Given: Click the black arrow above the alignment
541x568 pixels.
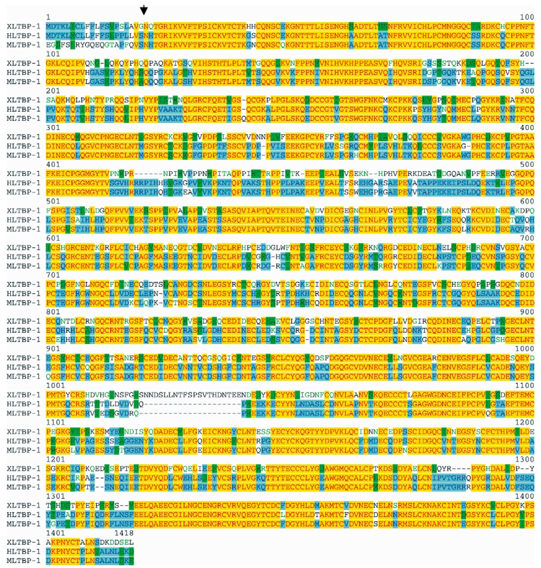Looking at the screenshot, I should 144,9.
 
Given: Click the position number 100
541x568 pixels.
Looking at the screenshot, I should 527,17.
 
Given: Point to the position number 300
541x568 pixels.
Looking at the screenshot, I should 527,91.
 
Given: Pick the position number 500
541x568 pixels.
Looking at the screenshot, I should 527,164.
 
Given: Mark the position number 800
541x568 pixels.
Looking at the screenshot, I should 527,275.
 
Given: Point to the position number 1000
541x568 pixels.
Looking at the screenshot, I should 525,349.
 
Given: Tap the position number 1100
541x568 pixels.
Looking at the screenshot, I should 525,386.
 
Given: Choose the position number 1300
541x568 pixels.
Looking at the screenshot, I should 525,459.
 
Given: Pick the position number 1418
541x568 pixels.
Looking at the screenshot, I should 124,533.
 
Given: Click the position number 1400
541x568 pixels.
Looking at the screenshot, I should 525,496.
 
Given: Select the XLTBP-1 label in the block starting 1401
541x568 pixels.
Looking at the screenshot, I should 24,542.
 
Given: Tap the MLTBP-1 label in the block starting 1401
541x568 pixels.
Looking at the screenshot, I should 24,561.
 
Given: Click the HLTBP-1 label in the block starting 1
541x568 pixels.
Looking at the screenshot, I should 24,36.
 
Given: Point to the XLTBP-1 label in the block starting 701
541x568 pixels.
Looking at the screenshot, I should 24,284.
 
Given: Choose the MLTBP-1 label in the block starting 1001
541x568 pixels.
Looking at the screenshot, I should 24,413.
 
